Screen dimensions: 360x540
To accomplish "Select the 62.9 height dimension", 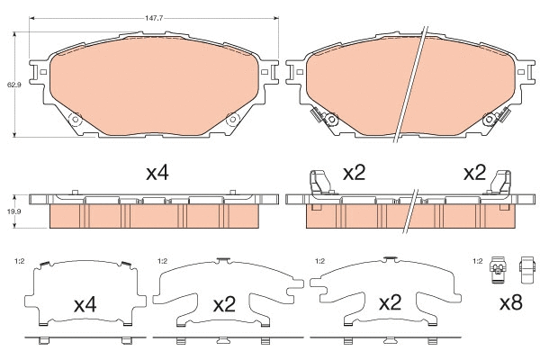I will [x=13, y=85].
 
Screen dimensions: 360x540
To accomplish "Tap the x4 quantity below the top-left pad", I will [x=157, y=172].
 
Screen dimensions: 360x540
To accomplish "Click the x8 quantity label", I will [x=510, y=304].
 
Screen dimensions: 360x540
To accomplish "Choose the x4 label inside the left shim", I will [x=85, y=305].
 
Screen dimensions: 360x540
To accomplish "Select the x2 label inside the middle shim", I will [x=224, y=304].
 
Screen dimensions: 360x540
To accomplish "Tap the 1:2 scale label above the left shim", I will [x=19, y=262].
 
